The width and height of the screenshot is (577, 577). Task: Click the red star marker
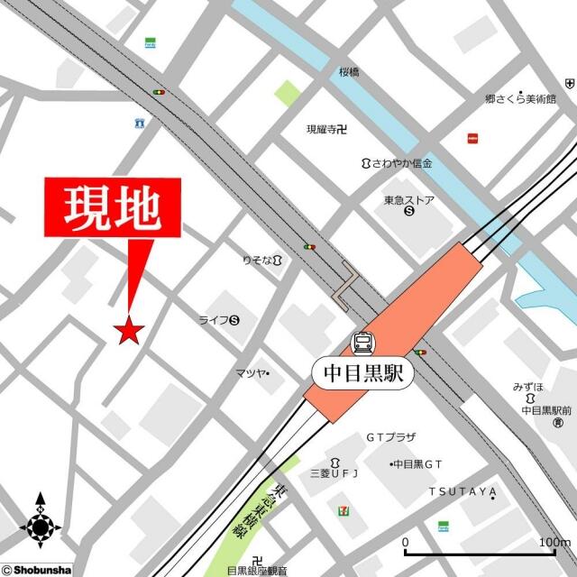click(129, 331)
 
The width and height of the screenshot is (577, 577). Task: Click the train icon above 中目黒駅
click(363, 343)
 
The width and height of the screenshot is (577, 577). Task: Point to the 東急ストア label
click(409, 201)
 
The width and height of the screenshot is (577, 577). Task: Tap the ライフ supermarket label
click(215, 319)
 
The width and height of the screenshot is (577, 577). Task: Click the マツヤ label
click(250, 373)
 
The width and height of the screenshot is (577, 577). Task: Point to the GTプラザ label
click(390, 437)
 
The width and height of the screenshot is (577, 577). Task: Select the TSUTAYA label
click(463, 491)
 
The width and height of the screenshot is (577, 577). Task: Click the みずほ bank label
click(529, 387)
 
